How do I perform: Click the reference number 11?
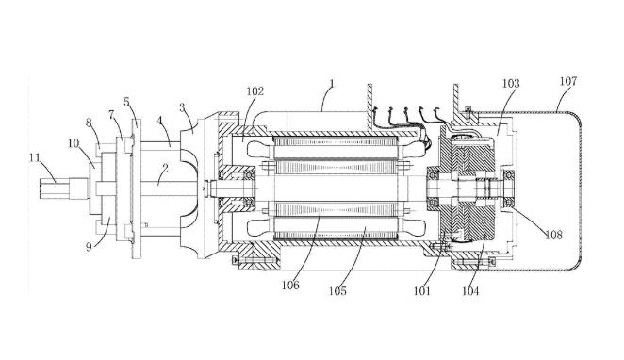click(35, 157)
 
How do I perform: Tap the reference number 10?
click(74, 143)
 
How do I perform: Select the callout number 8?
click(89, 123)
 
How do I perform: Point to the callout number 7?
click(111, 115)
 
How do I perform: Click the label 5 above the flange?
click(126, 102)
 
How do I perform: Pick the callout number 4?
click(160, 120)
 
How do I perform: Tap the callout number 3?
click(182, 107)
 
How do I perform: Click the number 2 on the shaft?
click(165, 168)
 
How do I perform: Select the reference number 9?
click(89, 247)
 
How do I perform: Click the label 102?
click(255, 91)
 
